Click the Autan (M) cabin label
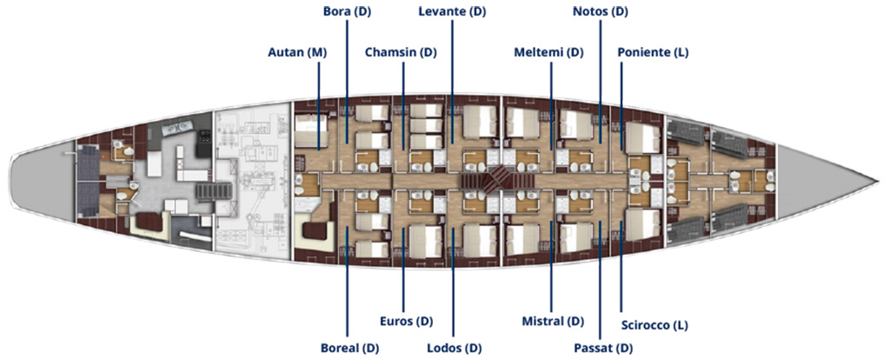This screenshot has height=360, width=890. pos(297,53)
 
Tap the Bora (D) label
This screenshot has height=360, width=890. pos(347,11)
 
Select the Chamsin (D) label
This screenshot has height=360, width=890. pos(401,53)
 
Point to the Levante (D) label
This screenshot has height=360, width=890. pos(452,11)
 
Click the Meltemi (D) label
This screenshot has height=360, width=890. pos(548,53)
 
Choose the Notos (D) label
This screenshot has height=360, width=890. pos(601,11)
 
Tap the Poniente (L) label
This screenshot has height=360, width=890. pos(653,53)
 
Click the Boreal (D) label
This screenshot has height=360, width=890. pos(349,348)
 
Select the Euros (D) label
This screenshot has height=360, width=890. pos(406,322)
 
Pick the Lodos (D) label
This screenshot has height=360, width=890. pos(454,348)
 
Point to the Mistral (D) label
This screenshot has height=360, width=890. pos(553,322)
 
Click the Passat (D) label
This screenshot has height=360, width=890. pos(602,348)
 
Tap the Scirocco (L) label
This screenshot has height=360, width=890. pos(654,325)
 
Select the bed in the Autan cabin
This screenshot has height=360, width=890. pos(311,131)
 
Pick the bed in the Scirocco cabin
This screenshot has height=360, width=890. pos(643,225)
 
